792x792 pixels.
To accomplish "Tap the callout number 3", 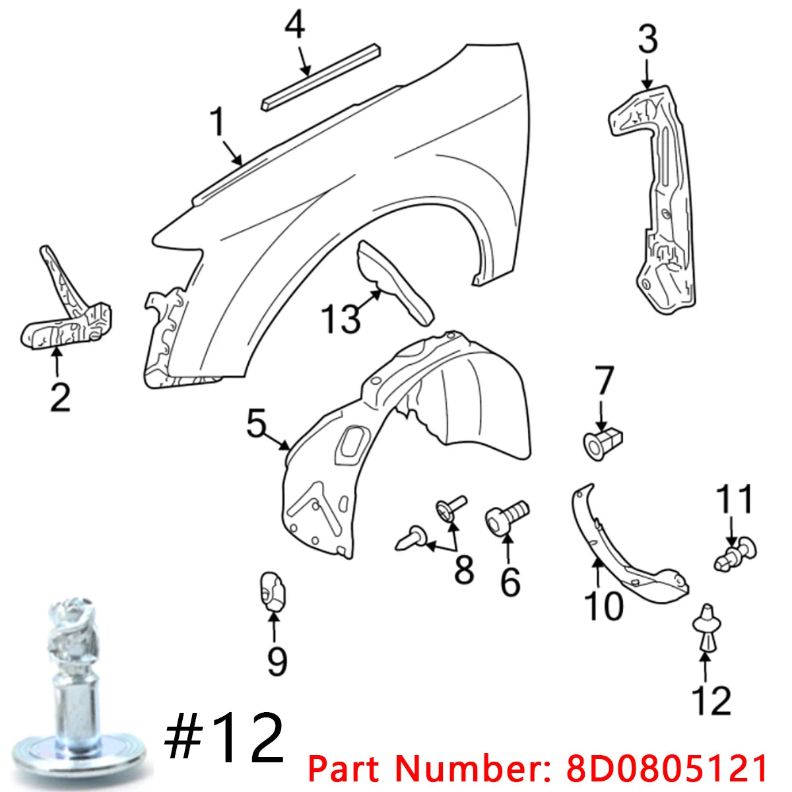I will click(647, 40).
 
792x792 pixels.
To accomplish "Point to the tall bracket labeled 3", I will click(660, 198).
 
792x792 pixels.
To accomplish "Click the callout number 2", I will click(59, 398).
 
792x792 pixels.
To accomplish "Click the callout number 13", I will click(341, 318).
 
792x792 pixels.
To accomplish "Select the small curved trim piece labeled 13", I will click(393, 280).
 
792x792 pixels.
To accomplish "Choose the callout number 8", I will click(464, 569).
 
